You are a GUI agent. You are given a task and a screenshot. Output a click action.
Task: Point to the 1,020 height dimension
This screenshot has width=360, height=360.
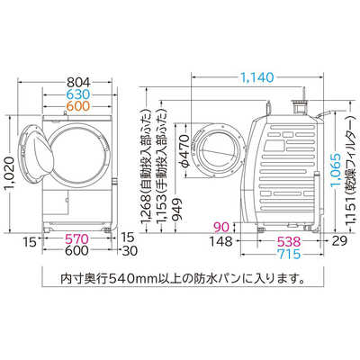point(9,175)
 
